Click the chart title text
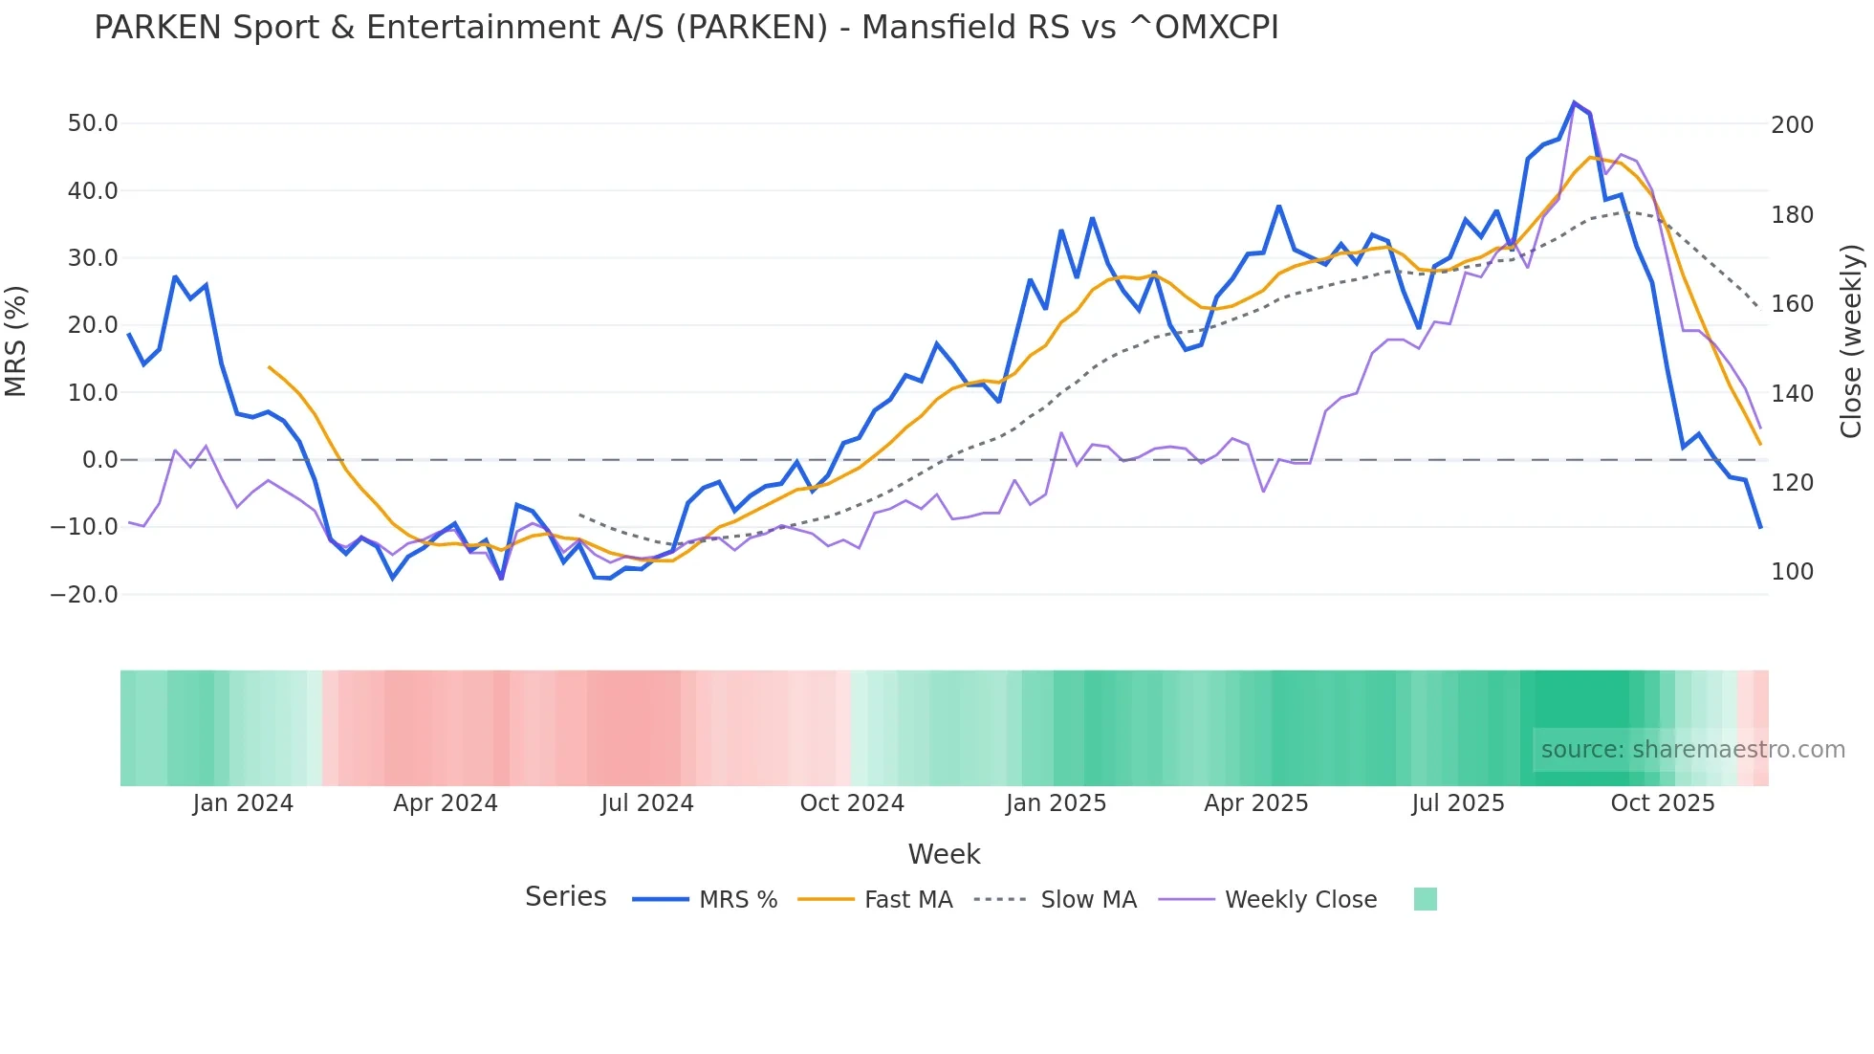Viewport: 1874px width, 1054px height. (686, 28)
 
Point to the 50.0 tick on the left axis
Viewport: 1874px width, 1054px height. (93, 123)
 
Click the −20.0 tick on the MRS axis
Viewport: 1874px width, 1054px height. (85, 595)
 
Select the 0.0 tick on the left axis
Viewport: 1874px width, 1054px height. (99, 460)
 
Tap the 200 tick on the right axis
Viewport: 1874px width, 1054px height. (1792, 125)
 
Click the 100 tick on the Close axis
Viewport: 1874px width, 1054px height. (1792, 572)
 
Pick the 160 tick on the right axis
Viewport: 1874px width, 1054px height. (1792, 304)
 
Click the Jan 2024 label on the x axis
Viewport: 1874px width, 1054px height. (243, 803)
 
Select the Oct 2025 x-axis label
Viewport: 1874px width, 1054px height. (1663, 803)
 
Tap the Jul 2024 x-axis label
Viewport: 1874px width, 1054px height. (647, 803)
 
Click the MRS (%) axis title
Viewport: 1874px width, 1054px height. (16, 340)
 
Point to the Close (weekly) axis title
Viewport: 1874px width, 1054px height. (1851, 340)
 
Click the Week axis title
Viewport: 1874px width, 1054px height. (944, 854)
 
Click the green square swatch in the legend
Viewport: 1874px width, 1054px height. (1425, 899)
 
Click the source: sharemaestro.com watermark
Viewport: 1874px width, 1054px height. (1692, 750)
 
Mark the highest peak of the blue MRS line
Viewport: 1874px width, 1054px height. (1574, 102)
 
